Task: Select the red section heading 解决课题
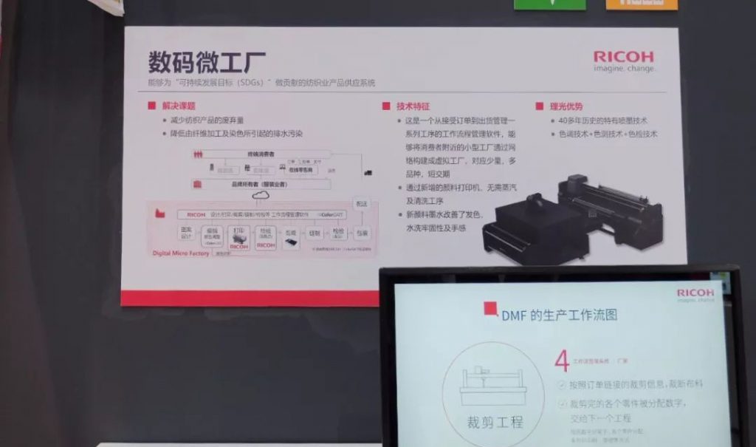(177, 106)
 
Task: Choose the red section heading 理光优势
(566, 106)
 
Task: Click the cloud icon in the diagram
(260, 196)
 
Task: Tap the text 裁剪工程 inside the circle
(494, 422)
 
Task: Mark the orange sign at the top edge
(641, 4)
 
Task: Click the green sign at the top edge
(549, 4)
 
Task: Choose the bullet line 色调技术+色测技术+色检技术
(608, 134)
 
